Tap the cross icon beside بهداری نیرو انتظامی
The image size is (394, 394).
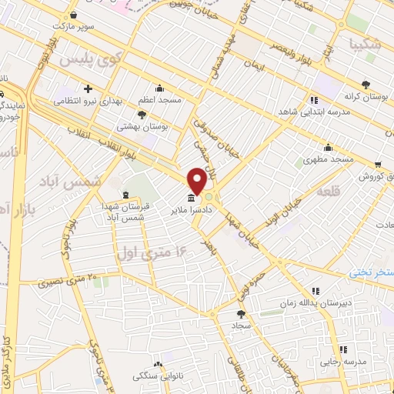89,88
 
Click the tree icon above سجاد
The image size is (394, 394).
241,313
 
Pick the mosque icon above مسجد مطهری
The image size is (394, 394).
328,147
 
